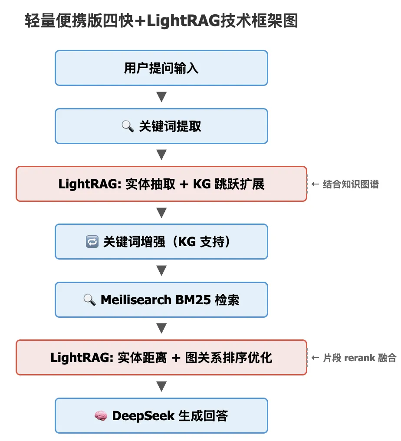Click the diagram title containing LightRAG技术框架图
coord(161,21)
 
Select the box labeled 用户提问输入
coord(161,68)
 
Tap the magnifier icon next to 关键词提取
coord(128,126)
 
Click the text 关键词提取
coord(170,126)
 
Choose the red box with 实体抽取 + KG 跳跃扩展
coord(161,184)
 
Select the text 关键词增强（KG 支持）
coord(167,242)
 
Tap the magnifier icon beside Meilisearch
coord(89,300)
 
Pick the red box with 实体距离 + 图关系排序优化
coord(161,358)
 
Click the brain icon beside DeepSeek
coord(101,416)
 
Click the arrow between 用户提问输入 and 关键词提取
coord(161,97)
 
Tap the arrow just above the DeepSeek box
coord(161,386)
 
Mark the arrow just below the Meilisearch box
coord(161,329)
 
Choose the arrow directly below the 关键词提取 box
coord(161,155)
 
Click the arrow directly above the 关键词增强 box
coord(161,213)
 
